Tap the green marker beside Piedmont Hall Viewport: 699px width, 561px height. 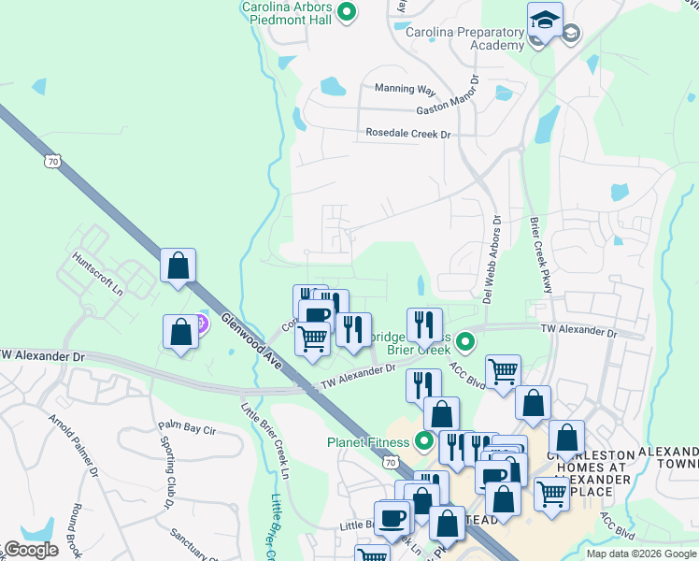click(x=347, y=13)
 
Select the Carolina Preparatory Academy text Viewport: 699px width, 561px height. click(x=465, y=38)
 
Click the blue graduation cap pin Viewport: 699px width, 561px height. click(x=545, y=21)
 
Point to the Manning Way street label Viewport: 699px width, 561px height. click(x=405, y=90)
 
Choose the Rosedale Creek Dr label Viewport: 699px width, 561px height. click(x=407, y=135)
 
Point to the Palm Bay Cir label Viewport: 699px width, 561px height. click(x=187, y=429)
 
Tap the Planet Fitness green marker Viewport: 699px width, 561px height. click(x=426, y=440)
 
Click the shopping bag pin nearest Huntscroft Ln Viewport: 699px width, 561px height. click(x=178, y=266)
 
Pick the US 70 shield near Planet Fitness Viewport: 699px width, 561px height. click(x=389, y=462)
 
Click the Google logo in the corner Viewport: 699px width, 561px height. click(x=32, y=550)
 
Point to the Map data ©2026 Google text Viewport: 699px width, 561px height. click(x=640, y=554)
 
